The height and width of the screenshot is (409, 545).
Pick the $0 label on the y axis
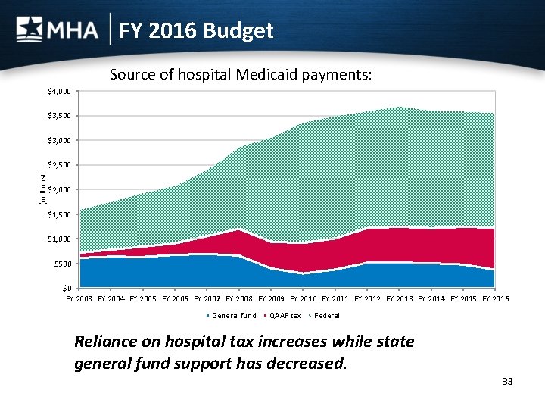pyautogui.click(x=66, y=288)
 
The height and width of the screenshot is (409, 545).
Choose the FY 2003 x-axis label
pyautogui.click(x=79, y=299)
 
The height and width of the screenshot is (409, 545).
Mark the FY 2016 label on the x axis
pyautogui.click(x=495, y=299)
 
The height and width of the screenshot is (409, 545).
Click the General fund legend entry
pyautogui.click(x=233, y=315)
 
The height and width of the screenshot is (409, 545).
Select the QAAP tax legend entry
pyautogui.click(x=285, y=315)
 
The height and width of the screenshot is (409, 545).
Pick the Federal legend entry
pyautogui.click(x=326, y=315)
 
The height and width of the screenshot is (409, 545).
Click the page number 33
pyautogui.click(x=507, y=381)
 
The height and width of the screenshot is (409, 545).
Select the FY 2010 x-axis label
pyautogui.click(x=303, y=299)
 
